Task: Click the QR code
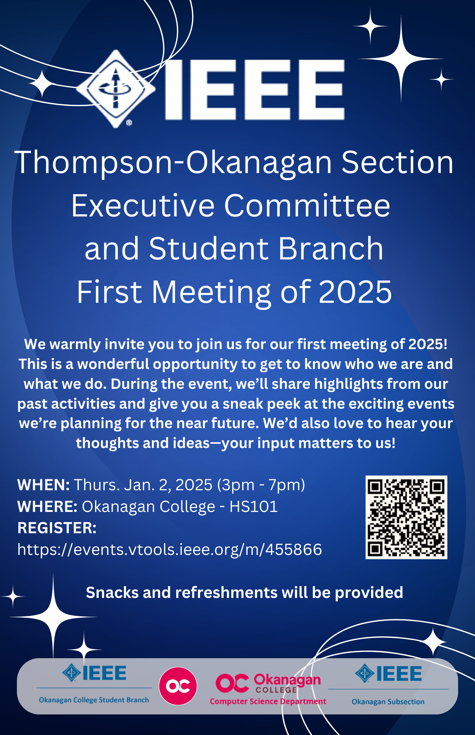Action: pos(406,517)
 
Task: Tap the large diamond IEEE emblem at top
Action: pos(116,89)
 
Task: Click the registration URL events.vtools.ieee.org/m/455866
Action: pos(170,549)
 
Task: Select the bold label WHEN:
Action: pos(43,485)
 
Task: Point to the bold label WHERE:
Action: pos(47,506)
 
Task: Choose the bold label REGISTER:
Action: pos(57,528)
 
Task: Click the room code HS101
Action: pos(254,506)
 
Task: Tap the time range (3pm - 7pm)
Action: pos(261,485)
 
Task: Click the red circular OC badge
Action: pos(178,686)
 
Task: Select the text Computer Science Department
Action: pos(268,701)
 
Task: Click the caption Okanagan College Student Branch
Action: pos(94,700)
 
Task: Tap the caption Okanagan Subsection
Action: pos(388,702)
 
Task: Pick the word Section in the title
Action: pos(398,162)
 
